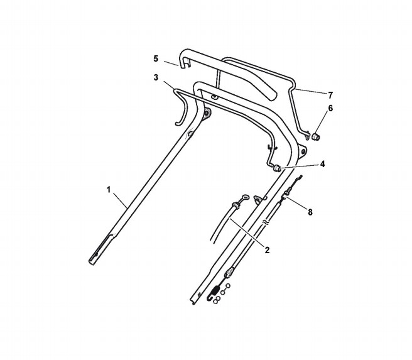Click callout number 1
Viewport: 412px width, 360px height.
[x=109, y=190]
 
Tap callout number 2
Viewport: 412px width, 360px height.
[x=267, y=250]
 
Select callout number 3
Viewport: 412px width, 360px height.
[x=156, y=78]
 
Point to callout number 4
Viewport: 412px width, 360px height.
[x=322, y=164]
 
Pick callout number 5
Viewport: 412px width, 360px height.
[x=156, y=58]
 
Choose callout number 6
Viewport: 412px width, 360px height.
[x=330, y=108]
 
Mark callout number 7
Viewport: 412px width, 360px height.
[x=330, y=95]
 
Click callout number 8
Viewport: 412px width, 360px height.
[x=310, y=212]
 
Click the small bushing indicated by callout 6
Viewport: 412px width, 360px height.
[x=316, y=136]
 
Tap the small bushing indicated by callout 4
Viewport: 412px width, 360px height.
[x=277, y=168]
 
